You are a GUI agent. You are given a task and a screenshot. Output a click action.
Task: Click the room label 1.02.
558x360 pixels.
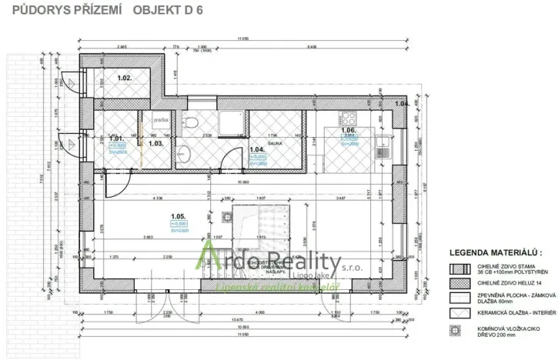click(125, 78)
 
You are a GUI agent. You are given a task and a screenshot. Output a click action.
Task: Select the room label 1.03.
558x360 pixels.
click(155, 143)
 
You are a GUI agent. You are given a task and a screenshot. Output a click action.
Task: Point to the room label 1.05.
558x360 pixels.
click(179, 217)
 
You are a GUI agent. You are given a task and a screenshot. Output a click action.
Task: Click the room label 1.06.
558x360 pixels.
click(348, 131)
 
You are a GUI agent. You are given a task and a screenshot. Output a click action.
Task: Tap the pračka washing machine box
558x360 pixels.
click(161, 120)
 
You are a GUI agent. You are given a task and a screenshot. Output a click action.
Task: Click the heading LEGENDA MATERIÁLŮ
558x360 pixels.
click(496, 252)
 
